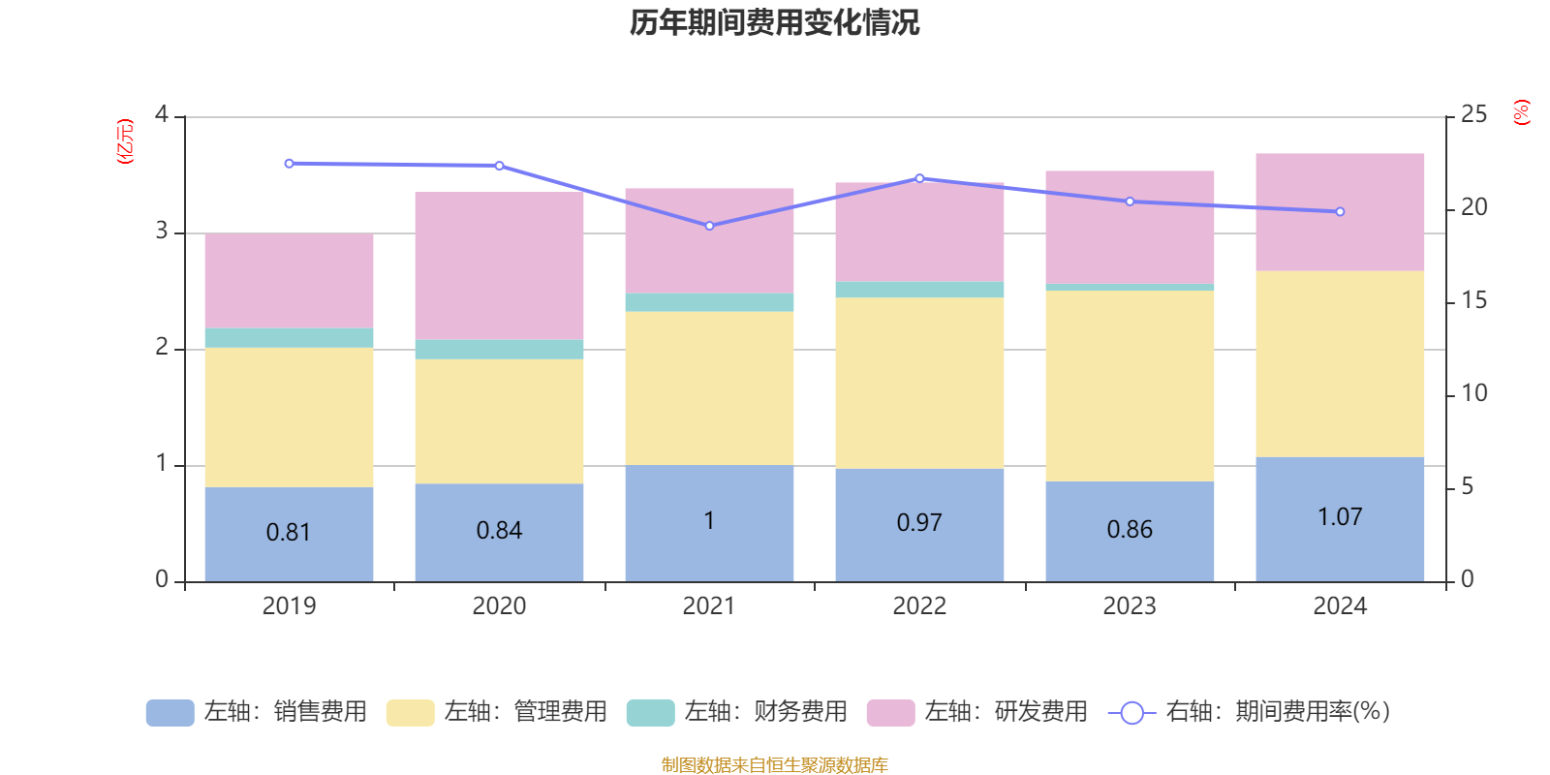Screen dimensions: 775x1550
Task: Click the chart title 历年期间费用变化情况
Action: tap(774, 22)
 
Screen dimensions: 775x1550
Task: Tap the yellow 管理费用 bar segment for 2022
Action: tap(919, 383)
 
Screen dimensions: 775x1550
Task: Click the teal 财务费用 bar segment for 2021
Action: tap(709, 302)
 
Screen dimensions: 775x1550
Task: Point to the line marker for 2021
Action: tap(709, 226)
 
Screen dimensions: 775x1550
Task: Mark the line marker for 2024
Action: tap(1340, 211)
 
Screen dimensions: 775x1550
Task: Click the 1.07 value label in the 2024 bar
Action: tap(1340, 517)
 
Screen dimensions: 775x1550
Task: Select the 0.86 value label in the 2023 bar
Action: tap(1130, 530)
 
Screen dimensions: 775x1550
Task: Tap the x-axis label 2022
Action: tap(919, 606)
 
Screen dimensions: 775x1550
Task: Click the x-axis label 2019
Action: tap(289, 606)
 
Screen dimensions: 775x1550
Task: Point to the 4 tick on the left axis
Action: tap(162, 115)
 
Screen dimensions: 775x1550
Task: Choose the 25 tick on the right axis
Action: tap(1473, 115)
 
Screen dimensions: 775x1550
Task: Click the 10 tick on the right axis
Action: tap(1473, 393)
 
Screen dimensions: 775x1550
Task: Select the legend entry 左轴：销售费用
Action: tap(257, 712)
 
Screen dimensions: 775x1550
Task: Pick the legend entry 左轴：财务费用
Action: tap(737, 712)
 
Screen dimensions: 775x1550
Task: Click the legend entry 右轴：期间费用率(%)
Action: tap(1250, 712)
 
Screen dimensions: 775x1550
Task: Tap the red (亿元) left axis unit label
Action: tap(125, 141)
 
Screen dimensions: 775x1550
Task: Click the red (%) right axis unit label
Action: tap(1522, 112)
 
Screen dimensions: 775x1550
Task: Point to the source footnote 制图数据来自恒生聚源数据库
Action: tap(774, 765)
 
